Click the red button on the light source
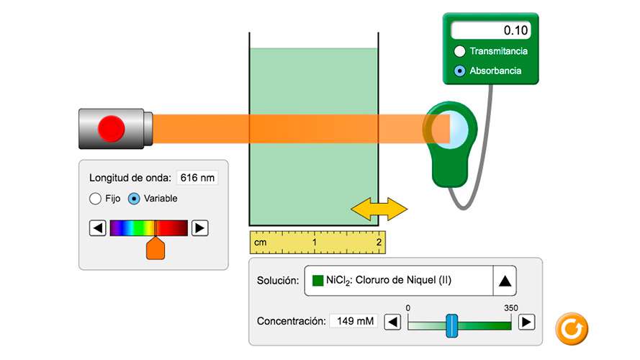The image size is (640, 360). [112, 129]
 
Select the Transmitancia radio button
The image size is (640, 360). [460, 51]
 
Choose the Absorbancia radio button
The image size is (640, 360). [460, 71]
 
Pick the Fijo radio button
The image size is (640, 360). [95, 199]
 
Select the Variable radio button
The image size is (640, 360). [134, 199]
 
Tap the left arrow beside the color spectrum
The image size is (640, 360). [97, 228]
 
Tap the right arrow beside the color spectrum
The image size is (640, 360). [200, 228]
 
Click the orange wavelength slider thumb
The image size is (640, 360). [156, 248]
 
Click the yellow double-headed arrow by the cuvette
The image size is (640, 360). [379, 209]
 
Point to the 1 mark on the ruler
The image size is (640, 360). [315, 243]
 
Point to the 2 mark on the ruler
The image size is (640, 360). [379, 243]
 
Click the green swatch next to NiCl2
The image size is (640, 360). [318, 280]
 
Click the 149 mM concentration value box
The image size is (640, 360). [353, 321]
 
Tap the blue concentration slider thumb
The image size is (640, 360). [451, 325]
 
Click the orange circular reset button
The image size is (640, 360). [572, 329]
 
